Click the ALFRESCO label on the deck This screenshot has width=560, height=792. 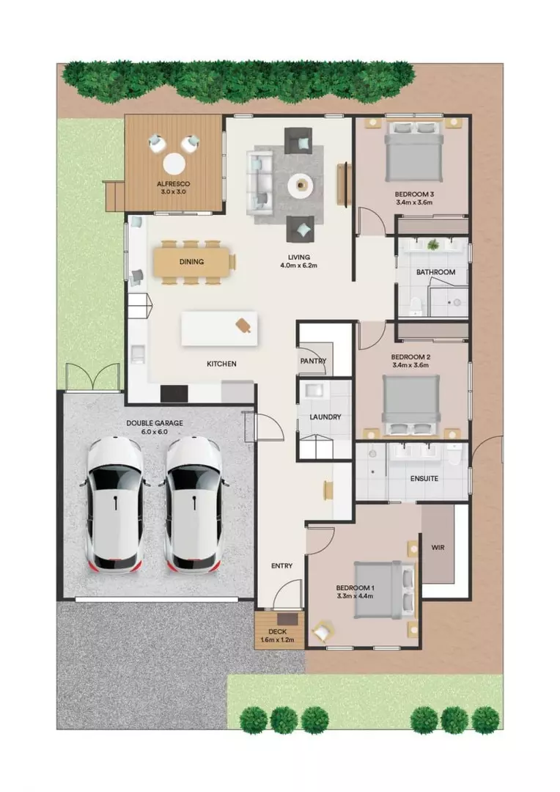click(174, 184)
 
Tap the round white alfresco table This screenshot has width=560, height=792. click(174, 163)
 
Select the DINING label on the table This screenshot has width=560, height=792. click(191, 262)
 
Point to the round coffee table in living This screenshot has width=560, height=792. click(300, 186)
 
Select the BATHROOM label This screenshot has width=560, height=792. click(435, 272)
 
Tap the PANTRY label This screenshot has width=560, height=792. click(313, 362)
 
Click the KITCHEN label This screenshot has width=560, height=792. click(221, 364)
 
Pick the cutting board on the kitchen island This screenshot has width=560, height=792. click(244, 325)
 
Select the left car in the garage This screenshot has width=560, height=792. click(115, 504)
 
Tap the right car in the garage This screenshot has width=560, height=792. click(193, 504)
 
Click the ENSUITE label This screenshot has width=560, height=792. click(424, 479)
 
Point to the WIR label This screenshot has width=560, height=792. click(438, 548)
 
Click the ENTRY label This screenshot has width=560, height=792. click(281, 565)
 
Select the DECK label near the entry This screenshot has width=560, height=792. click(278, 631)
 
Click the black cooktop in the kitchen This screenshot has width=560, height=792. click(174, 394)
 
